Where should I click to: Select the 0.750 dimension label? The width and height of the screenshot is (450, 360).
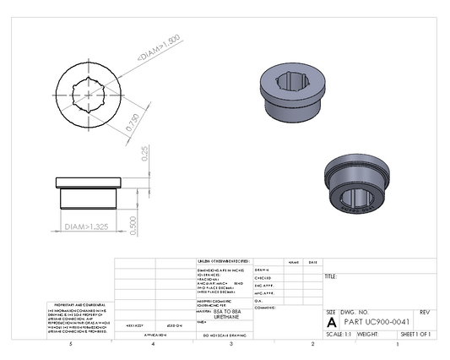click(x=132, y=123)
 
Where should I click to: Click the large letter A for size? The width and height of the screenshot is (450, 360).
click(x=331, y=323)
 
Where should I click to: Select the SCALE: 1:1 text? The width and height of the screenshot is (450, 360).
click(x=339, y=335)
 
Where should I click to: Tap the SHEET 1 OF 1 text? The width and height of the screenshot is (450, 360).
click(x=416, y=335)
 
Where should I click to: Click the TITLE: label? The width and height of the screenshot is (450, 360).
click(x=331, y=276)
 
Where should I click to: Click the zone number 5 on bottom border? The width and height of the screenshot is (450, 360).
click(x=71, y=345)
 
